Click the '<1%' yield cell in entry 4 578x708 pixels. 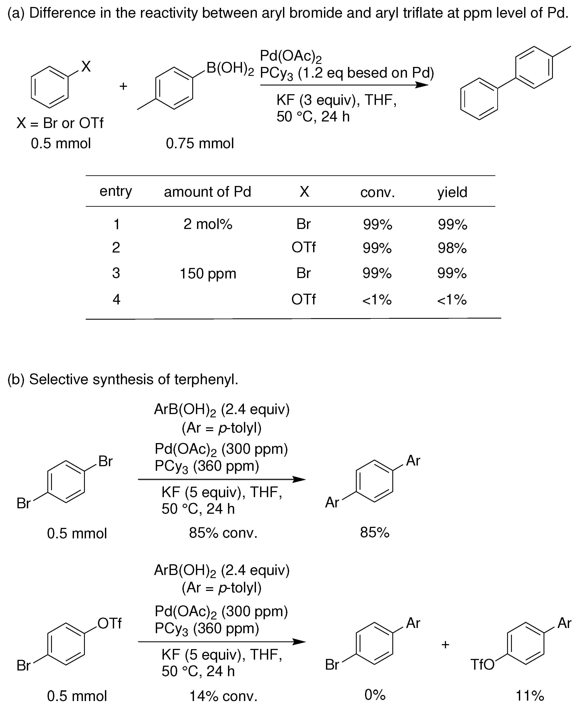click(452, 300)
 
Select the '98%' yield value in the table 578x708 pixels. click(452, 248)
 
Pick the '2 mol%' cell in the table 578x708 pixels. click(208, 224)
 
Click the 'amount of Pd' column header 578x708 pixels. click(208, 192)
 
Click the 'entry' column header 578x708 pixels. click(116, 191)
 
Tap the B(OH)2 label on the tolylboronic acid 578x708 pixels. click(230, 68)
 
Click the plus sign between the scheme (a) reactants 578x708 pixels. click(123, 86)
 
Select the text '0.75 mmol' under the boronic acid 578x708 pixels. click(200, 143)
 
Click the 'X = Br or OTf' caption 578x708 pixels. click(60, 123)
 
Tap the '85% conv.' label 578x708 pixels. click(223, 533)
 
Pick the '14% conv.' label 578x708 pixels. click(223, 695)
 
